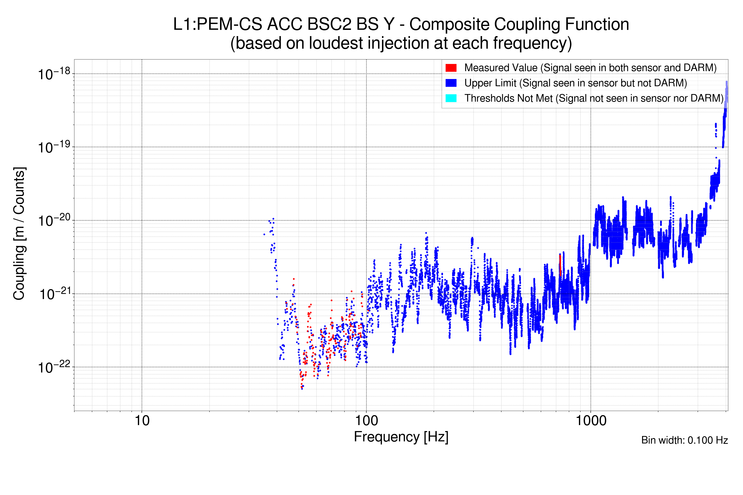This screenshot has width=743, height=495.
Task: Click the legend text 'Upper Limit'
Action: coord(490,83)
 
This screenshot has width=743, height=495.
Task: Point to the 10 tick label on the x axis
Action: coord(142,421)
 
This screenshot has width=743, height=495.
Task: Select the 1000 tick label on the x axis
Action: coord(591,421)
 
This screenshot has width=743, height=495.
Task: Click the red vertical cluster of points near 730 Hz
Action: coord(560,265)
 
